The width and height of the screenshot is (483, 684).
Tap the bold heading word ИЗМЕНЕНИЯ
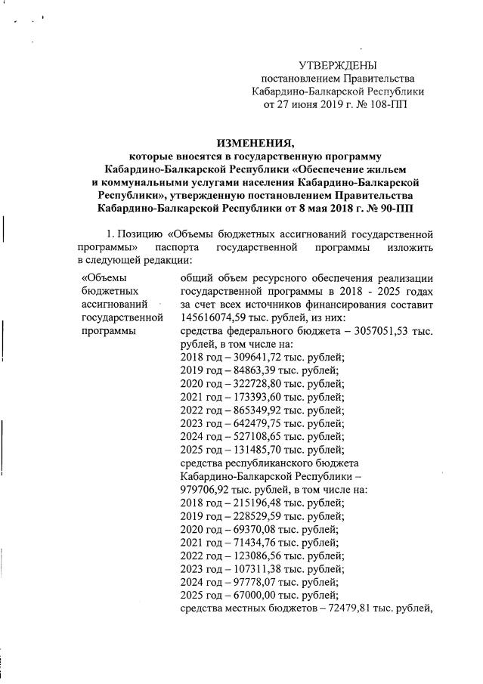[x=252, y=144]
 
